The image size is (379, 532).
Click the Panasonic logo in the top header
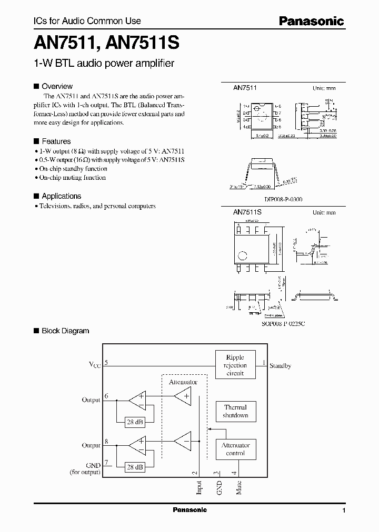click(x=311, y=21)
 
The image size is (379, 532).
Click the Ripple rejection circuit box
click(x=235, y=365)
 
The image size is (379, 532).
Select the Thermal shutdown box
click(x=235, y=411)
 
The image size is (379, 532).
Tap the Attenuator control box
click(x=235, y=449)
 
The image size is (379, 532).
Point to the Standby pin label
click(x=280, y=365)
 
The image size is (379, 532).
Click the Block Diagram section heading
click(x=65, y=331)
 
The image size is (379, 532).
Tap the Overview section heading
click(x=57, y=86)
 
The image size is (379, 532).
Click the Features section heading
click(x=56, y=141)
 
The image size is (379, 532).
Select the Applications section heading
click(x=61, y=196)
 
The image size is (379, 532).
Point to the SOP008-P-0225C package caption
click(x=283, y=324)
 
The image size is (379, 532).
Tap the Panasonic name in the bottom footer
click(x=189, y=510)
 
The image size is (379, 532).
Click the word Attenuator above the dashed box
click(x=183, y=382)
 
